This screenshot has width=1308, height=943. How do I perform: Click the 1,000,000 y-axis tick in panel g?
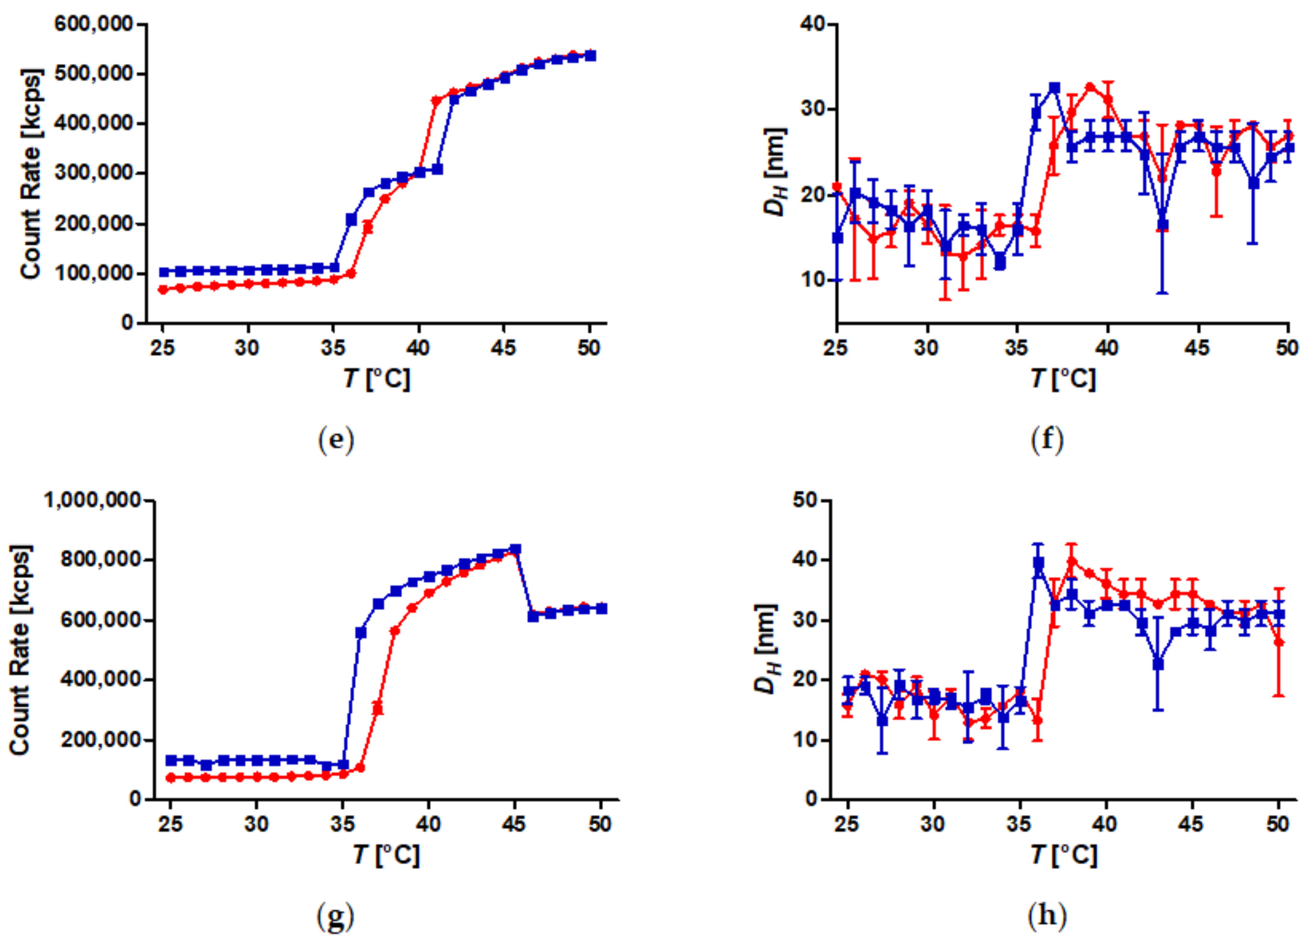[x=93, y=500]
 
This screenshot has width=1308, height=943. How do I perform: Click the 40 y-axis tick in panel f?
[x=813, y=24]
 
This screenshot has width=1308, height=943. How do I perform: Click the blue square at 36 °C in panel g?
[x=361, y=632]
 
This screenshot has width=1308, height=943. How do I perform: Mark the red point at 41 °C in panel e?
[x=436, y=100]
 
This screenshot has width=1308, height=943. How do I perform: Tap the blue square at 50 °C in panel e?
[x=590, y=56]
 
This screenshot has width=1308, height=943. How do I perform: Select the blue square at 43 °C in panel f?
[x=1163, y=225]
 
